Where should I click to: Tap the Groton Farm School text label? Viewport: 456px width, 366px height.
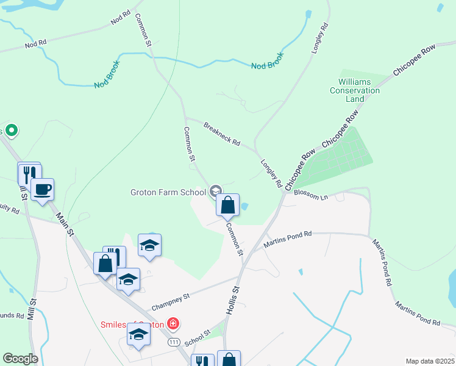tap(168, 192)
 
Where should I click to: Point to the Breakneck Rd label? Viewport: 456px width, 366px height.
tap(222, 131)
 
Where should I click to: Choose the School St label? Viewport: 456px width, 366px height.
tap(197, 335)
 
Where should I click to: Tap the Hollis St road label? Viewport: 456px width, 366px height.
tap(232, 301)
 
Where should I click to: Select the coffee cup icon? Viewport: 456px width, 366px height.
tap(42, 190)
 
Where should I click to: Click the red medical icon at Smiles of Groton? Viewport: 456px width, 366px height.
tap(173, 323)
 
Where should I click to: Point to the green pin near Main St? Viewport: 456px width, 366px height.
tap(11, 131)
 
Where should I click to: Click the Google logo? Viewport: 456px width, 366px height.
tap(20, 359)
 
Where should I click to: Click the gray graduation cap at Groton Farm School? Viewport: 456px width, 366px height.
tap(215, 192)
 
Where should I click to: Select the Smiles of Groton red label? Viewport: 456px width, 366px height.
tap(133, 325)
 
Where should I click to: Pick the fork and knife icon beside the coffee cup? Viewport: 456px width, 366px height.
tap(27, 174)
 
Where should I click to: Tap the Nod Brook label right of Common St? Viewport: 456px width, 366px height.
tap(268, 60)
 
